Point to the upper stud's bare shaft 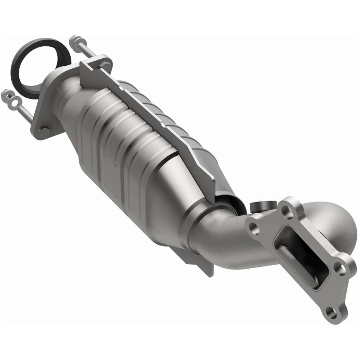click(85, 51)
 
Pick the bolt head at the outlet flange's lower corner click(44, 130)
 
